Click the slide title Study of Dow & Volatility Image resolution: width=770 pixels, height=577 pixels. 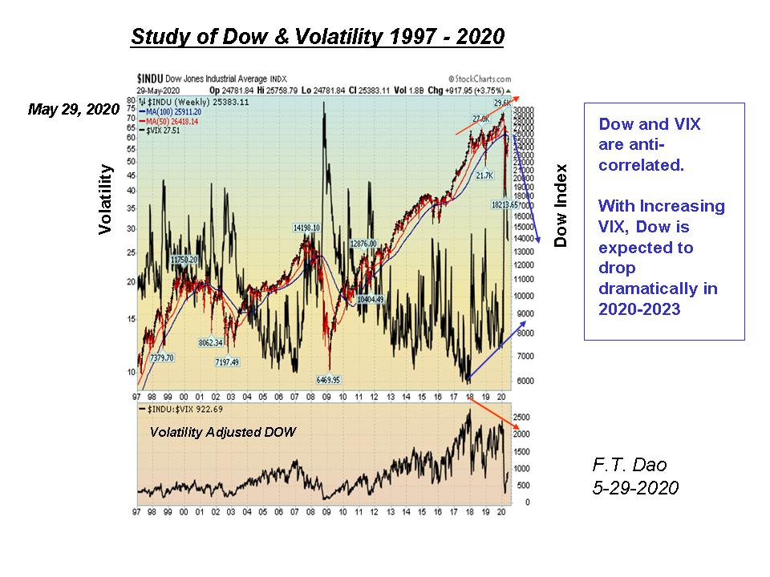(x=317, y=38)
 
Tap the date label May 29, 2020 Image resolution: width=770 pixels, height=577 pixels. (x=74, y=109)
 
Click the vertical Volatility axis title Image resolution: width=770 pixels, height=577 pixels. (x=106, y=200)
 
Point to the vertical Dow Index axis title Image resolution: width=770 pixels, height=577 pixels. (x=561, y=205)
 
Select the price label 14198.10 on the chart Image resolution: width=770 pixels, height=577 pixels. (x=306, y=228)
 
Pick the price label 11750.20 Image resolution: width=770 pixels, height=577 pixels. (x=184, y=260)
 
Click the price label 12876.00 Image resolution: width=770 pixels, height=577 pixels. (x=363, y=244)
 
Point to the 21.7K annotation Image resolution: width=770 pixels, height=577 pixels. (x=484, y=176)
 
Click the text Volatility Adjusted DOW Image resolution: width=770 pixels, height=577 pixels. (x=223, y=432)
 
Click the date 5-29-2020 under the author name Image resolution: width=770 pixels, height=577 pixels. (x=634, y=488)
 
